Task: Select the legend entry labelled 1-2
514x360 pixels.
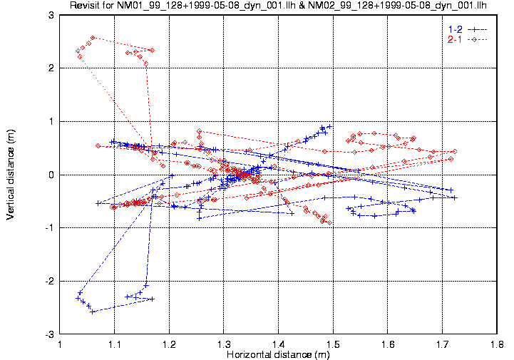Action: point(454,29)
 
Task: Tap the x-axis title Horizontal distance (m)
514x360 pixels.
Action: point(279,354)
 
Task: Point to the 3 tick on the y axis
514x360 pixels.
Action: point(52,15)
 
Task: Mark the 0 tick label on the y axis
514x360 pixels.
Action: point(52,175)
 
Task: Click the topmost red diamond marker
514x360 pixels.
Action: point(93,37)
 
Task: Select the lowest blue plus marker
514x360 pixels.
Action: point(93,312)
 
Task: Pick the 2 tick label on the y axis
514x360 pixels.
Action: point(52,68)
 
